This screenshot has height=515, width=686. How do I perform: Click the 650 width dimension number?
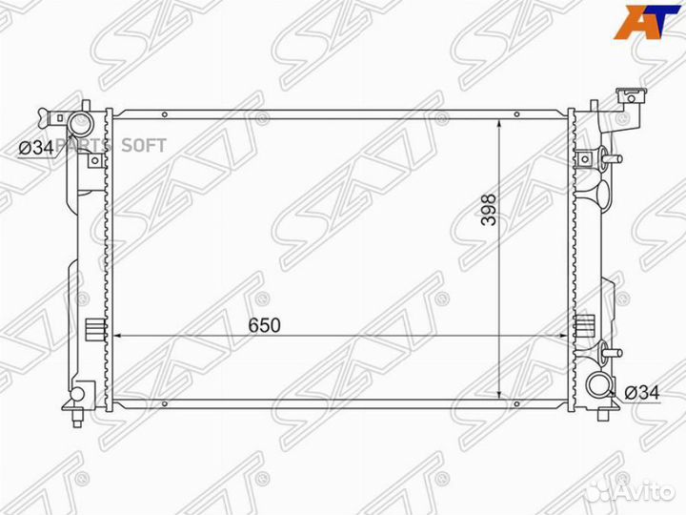pos(265,324)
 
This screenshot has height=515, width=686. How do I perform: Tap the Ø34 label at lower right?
pos(643,392)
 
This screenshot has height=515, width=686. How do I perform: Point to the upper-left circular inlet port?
pos(78,125)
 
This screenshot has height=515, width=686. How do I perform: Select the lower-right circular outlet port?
pos(599,383)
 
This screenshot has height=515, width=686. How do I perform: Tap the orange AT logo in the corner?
pos(647,24)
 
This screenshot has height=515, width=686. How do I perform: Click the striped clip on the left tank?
pos(92,330)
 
